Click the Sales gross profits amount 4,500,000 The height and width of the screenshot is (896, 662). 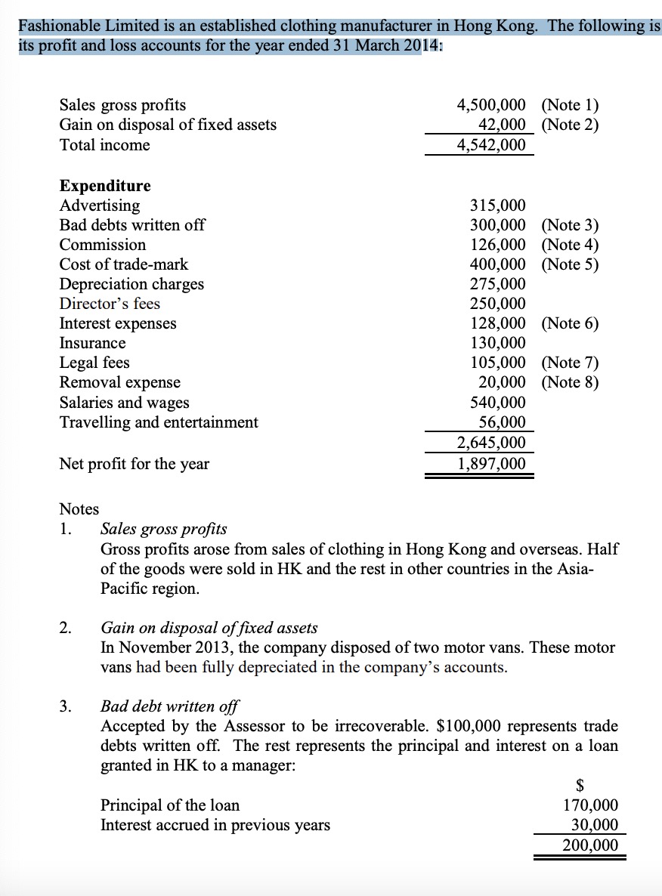pyautogui.click(x=492, y=105)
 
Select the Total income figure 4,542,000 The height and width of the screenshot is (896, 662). pyautogui.click(x=492, y=144)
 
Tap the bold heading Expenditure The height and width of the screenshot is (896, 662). pyautogui.click(x=105, y=186)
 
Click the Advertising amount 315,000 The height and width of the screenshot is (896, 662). pyautogui.click(x=498, y=205)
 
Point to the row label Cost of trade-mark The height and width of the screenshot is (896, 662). pyautogui.click(x=124, y=264)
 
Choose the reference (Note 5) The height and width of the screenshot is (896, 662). pyautogui.click(x=570, y=264)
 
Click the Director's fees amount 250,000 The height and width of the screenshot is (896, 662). pyautogui.click(x=498, y=304)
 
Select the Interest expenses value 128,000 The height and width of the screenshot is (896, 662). pyautogui.click(x=498, y=323)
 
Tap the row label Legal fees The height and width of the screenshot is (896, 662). pyautogui.click(x=94, y=363)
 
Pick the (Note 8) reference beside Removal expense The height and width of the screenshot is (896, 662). pyautogui.click(x=570, y=382)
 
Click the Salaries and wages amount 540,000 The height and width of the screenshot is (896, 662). pyautogui.click(x=498, y=402)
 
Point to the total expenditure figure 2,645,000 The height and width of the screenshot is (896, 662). pyautogui.click(x=492, y=443)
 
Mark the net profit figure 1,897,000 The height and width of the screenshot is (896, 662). pyautogui.click(x=492, y=463)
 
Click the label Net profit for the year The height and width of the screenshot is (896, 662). pyautogui.click(x=135, y=464)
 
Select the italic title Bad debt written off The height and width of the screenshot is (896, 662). pyautogui.click(x=169, y=707)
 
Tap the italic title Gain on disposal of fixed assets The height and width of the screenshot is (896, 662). pyautogui.click(x=209, y=628)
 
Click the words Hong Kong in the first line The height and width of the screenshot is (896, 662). pyautogui.click(x=500, y=25)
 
